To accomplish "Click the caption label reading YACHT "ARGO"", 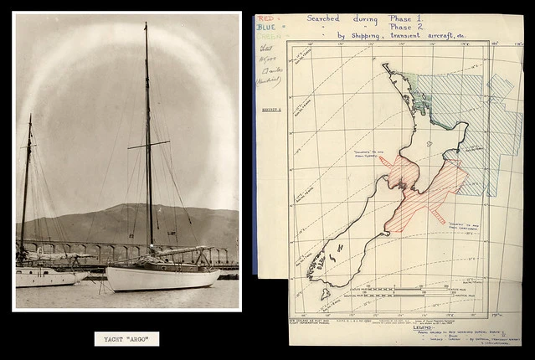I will pyautogui.click(x=126, y=338).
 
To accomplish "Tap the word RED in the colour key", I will pyautogui.click(x=265, y=18).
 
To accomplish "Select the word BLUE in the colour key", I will pyautogui.click(x=266, y=27).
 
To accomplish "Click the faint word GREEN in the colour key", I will pyautogui.click(x=267, y=36).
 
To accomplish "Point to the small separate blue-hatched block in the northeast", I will pyautogui.click(x=501, y=85).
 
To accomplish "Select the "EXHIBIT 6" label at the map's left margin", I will pyautogui.click(x=269, y=110).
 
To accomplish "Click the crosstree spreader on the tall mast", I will pyautogui.click(x=148, y=145).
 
